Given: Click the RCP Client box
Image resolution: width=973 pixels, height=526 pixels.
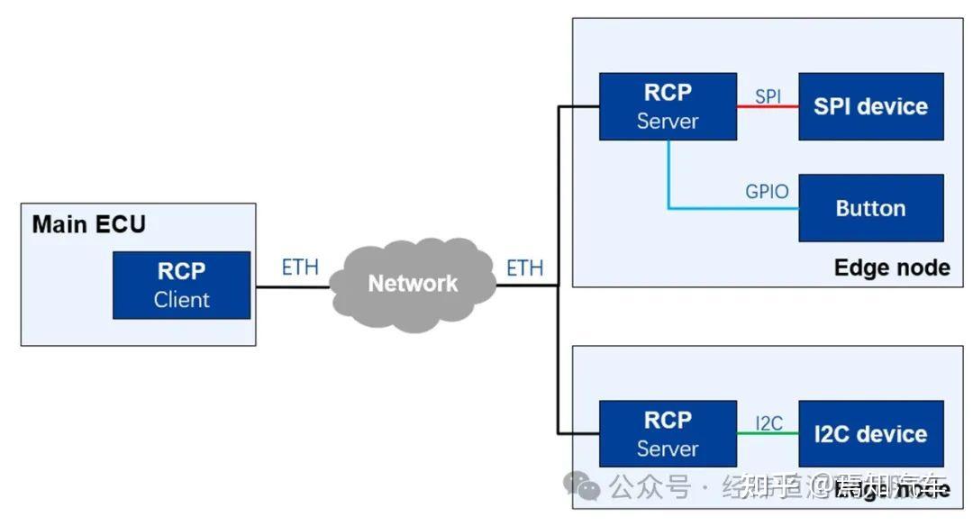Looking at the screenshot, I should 181,285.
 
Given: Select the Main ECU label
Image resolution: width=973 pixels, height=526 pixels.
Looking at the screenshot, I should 88,224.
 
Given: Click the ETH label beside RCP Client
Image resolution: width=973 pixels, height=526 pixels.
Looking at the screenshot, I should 300,268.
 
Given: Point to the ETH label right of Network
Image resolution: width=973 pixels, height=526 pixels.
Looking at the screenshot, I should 524,268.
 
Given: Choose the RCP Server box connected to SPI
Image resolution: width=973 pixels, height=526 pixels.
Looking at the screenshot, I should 668,106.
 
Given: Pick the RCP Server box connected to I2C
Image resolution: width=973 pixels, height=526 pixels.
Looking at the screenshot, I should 668,433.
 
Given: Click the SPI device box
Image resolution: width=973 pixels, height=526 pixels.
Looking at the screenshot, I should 870,106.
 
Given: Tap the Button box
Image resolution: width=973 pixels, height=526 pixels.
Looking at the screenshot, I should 870,208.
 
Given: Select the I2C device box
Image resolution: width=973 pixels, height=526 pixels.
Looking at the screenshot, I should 870,433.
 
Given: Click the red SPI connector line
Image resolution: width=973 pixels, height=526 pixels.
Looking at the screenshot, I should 768,107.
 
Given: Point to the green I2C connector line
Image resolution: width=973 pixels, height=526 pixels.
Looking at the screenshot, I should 768,433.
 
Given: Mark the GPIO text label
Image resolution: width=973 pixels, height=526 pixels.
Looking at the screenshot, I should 767,191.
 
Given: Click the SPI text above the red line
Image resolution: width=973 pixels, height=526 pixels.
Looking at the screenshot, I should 768,95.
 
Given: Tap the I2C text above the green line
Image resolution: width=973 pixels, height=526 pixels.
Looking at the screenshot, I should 768,422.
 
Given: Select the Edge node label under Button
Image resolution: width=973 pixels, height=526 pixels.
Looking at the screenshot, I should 891,268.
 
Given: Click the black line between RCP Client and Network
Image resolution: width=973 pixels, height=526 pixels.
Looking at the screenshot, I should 293,287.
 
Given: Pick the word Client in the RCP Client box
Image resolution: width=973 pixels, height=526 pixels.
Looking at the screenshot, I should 181,300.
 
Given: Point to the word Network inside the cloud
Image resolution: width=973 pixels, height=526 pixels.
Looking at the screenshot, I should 413,283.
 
